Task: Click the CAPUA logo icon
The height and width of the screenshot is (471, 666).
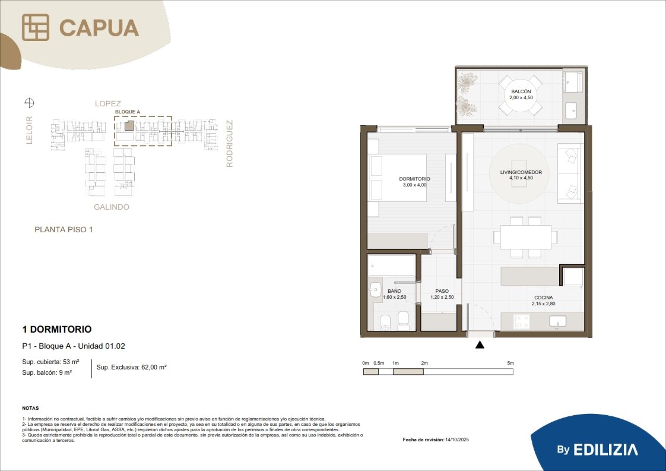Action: click(x=35, y=27)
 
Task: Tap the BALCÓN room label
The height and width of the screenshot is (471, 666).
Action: click(x=521, y=91)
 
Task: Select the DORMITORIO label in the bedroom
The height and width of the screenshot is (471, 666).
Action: click(x=414, y=179)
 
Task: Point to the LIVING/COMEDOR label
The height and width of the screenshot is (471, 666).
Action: click(x=521, y=172)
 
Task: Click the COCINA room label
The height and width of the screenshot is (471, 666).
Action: click(x=544, y=298)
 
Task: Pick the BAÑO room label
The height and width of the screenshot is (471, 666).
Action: click(x=394, y=291)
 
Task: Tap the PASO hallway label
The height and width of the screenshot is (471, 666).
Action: click(x=442, y=291)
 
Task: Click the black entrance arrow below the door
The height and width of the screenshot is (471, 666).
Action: click(x=480, y=344)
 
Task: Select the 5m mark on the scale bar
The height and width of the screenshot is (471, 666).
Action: click(x=510, y=363)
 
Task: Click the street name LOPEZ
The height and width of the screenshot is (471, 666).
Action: click(x=108, y=104)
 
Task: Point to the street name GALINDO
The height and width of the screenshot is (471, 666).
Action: click(x=111, y=207)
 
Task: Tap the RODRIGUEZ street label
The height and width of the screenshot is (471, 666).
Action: click(x=229, y=144)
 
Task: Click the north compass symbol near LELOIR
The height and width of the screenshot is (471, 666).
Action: click(x=29, y=102)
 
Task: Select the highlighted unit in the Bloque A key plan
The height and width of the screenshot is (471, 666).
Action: click(x=129, y=125)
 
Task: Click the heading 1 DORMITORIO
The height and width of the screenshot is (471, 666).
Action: click(x=57, y=329)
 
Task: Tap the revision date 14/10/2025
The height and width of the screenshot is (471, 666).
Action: click(x=457, y=440)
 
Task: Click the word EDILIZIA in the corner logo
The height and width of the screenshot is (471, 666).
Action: click(x=605, y=450)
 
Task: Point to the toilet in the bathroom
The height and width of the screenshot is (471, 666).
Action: click(x=386, y=323)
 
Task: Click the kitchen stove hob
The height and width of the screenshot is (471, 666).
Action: click(x=522, y=321)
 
